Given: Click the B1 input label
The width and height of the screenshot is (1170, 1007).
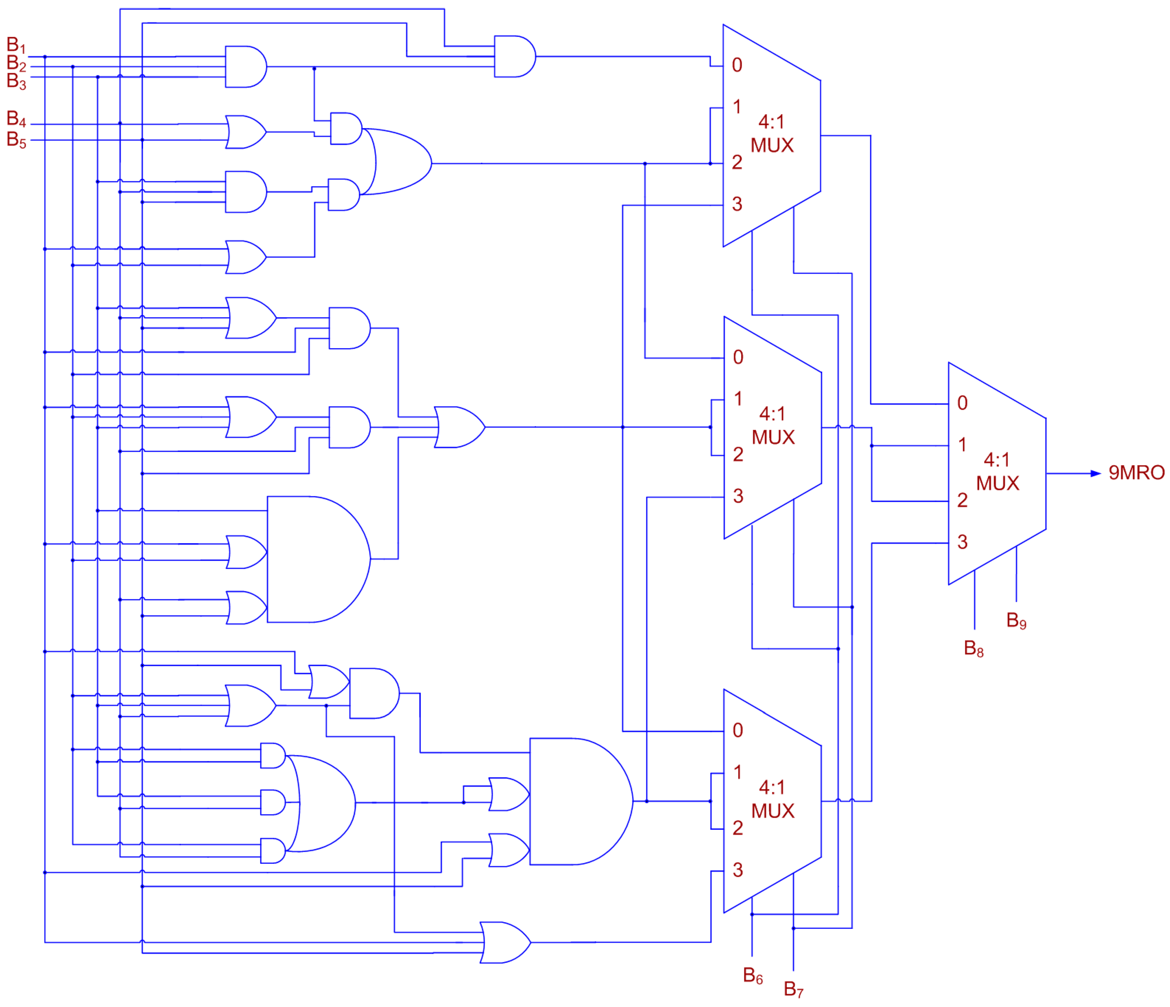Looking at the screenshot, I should [16, 45].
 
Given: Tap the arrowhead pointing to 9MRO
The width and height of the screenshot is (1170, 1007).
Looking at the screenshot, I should [1095, 474].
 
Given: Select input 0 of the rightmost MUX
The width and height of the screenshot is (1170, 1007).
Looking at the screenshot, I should [962, 403].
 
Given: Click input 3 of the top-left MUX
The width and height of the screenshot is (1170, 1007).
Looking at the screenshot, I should [737, 204].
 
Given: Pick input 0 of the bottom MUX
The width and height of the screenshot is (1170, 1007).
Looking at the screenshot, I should [737, 730].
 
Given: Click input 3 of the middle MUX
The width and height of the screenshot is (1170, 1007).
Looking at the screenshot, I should [738, 496].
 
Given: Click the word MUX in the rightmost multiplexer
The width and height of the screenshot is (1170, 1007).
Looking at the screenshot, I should [997, 483].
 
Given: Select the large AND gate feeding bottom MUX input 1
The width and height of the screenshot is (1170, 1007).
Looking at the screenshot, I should [579, 801].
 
